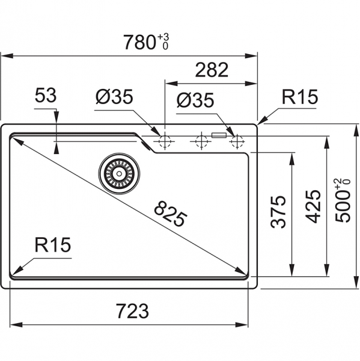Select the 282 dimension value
212,70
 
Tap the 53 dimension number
46,95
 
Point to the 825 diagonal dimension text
171,214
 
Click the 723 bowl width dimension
132,311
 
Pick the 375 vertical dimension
278,212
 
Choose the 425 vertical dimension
313,206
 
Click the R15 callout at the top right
300,97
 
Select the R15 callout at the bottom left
53,245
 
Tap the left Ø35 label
114,96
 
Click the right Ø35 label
195,100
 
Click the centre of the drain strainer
119,174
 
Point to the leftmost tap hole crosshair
165,141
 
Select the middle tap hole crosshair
201,141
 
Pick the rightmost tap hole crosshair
237,141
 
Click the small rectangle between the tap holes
219,135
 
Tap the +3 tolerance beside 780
163,37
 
